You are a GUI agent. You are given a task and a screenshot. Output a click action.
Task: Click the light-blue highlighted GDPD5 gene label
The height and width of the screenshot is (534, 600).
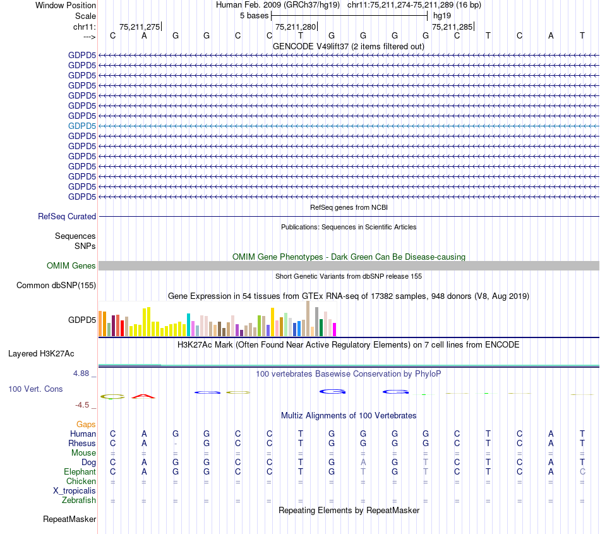pyautogui.click(x=82, y=126)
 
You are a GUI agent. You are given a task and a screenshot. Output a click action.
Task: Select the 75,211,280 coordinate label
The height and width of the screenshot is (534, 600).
pyautogui.click(x=296, y=27)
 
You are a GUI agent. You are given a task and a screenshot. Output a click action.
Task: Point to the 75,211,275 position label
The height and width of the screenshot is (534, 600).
pyautogui.click(x=139, y=27)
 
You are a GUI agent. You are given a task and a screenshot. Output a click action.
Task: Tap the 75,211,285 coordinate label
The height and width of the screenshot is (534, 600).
pyautogui.click(x=452, y=27)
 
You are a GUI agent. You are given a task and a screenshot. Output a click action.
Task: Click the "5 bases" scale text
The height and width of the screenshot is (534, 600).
pyautogui.click(x=254, y=15)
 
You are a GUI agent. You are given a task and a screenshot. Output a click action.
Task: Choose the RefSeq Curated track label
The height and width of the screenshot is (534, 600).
pyautogui.click(x=67, y=216)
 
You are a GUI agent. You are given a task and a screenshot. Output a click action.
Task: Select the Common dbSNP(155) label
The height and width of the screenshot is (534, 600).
pyautogui.click(x=56, y=286)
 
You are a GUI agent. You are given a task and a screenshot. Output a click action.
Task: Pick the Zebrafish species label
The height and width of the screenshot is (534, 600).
pyautogui.click(x=79, y=501)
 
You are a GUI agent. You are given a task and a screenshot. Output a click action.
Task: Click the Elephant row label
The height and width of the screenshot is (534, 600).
pyautogui.click(x=80, y=472)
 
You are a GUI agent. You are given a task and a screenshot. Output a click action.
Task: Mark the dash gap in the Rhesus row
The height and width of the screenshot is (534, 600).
pyautogui.click(x=175, y=443)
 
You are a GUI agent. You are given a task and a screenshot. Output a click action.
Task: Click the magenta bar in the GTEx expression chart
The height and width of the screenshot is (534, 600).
pyautogui.click(x=334, y=329)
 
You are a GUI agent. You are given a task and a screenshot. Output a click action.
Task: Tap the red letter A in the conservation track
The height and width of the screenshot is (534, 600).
pyautogui.click(x=143, y=396)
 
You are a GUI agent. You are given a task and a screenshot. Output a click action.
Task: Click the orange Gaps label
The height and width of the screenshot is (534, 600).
pyautogui.click(x=86, y=425)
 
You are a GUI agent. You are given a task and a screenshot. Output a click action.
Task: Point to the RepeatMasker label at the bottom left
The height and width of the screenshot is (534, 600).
pyautogui.click(x=69, y=519)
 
